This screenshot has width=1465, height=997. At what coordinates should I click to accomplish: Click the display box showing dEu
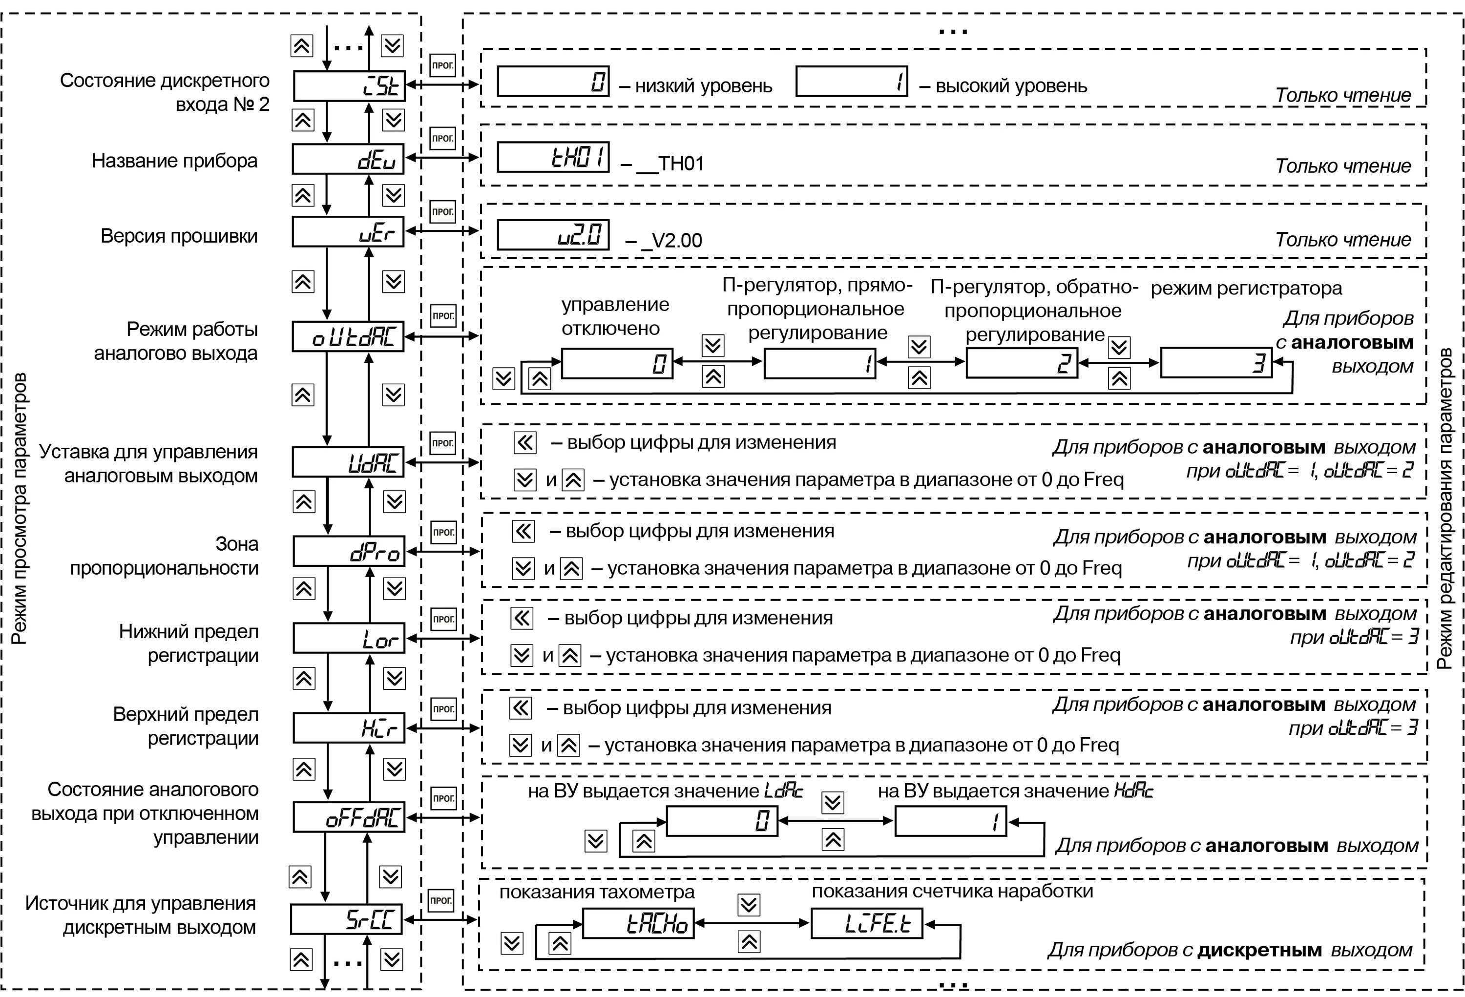(x=348, y=159)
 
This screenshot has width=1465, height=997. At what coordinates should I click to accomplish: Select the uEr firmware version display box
(x=348, y=232)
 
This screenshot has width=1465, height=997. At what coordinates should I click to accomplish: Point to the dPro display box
(x=349, y=551)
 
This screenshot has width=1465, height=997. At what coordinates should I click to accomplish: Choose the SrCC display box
(x=346, y=919)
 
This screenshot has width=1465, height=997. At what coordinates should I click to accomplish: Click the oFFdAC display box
(x=349, y=817)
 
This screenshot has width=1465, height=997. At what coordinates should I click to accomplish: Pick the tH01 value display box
(x=553, y=157)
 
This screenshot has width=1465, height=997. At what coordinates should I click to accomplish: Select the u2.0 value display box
(x=553, y=235)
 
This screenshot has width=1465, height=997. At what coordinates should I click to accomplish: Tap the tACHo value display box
(x=638, y=923)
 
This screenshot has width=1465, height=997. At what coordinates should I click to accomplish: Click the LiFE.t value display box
(x=867, y=923)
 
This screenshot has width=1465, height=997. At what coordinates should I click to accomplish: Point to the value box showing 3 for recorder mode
(x=1216, y=362)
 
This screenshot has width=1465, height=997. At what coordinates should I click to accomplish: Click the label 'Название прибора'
(x=175, y=161)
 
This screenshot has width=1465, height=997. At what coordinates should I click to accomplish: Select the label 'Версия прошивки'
(x=179, y=236)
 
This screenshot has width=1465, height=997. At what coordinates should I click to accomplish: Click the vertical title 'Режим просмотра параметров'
(x=20, y=508)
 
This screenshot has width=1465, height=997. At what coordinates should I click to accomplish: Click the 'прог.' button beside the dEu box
(x=442, y=138)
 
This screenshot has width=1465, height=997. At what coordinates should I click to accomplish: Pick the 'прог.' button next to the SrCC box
(x=440, y=900)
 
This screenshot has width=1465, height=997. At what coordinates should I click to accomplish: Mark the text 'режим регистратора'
(x=1246, y=289)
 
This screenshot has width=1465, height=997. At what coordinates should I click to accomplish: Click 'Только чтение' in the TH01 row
(x=1343, y=166)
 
